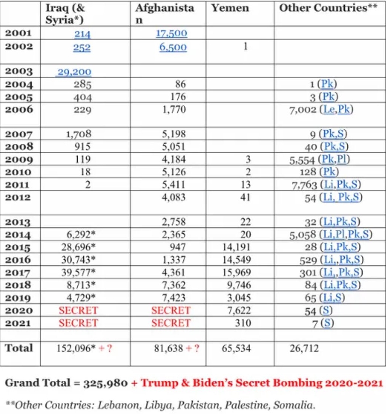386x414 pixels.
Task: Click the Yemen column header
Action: click(230, 8)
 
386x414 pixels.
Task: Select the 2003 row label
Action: click(19, 71)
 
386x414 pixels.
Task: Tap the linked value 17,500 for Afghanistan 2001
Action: click(171, 34)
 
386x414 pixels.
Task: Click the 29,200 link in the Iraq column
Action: click(74, 72)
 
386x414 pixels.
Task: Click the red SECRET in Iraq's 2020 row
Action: click(78, 310)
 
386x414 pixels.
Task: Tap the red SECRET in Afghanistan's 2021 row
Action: click(171, 323)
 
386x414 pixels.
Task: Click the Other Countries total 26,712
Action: click(304, 349)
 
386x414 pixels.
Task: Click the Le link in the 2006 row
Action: click(328, 110)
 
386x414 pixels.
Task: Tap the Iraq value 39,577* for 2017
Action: click(78, 272)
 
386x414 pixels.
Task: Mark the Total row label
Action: click(19, 348)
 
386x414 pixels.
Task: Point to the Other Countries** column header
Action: click(328, 8)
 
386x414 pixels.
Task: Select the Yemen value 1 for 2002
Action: click(245, 47)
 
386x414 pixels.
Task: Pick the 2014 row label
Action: click(19, 235)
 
